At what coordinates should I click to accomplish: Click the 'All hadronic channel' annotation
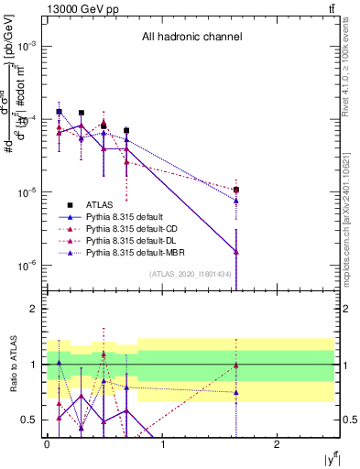(191, 37)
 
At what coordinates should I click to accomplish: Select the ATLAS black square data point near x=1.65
(236, 190)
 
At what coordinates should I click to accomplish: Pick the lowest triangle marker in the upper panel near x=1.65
(236, 251)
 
